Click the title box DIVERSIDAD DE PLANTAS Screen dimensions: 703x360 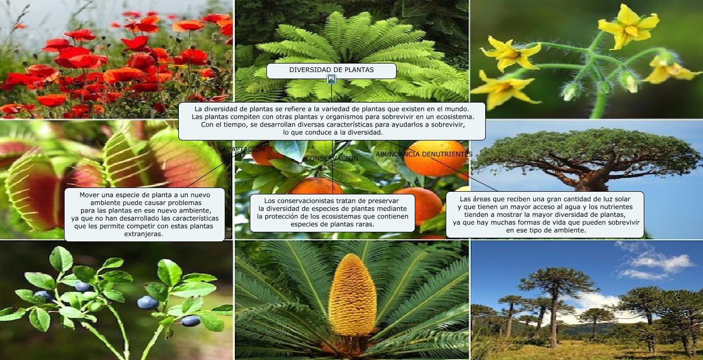(x=331, y=71)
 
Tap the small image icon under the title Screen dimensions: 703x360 (x=331, y=79)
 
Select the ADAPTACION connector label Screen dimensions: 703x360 (x=243, y=150)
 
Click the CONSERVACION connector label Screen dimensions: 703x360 (x=331, y=159)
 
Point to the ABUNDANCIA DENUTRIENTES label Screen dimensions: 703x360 (x=424, y=154)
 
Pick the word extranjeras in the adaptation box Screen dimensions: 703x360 (x=144, y=234)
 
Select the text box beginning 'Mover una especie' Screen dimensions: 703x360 (x=144, y=215)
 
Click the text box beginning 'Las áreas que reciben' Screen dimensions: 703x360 (x=545, y=215)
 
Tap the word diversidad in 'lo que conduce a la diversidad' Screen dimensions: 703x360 (x=364, y=132)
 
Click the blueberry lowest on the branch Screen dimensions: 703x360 (x=191, y=321)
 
